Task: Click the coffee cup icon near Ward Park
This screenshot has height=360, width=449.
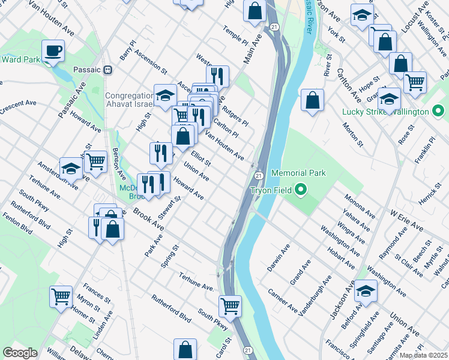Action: pos(53,50)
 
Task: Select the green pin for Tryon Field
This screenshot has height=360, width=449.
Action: pos(301,190)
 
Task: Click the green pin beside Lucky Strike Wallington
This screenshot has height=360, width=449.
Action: pos(438,112)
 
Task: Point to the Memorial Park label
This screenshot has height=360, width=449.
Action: pos(298,173)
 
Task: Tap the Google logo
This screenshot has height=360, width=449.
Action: pos(20,353)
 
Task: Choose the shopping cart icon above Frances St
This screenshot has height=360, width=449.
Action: pos(61,296)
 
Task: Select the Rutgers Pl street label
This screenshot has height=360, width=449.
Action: pos(235,114)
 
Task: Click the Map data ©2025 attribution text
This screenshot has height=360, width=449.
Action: pos(423,355)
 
